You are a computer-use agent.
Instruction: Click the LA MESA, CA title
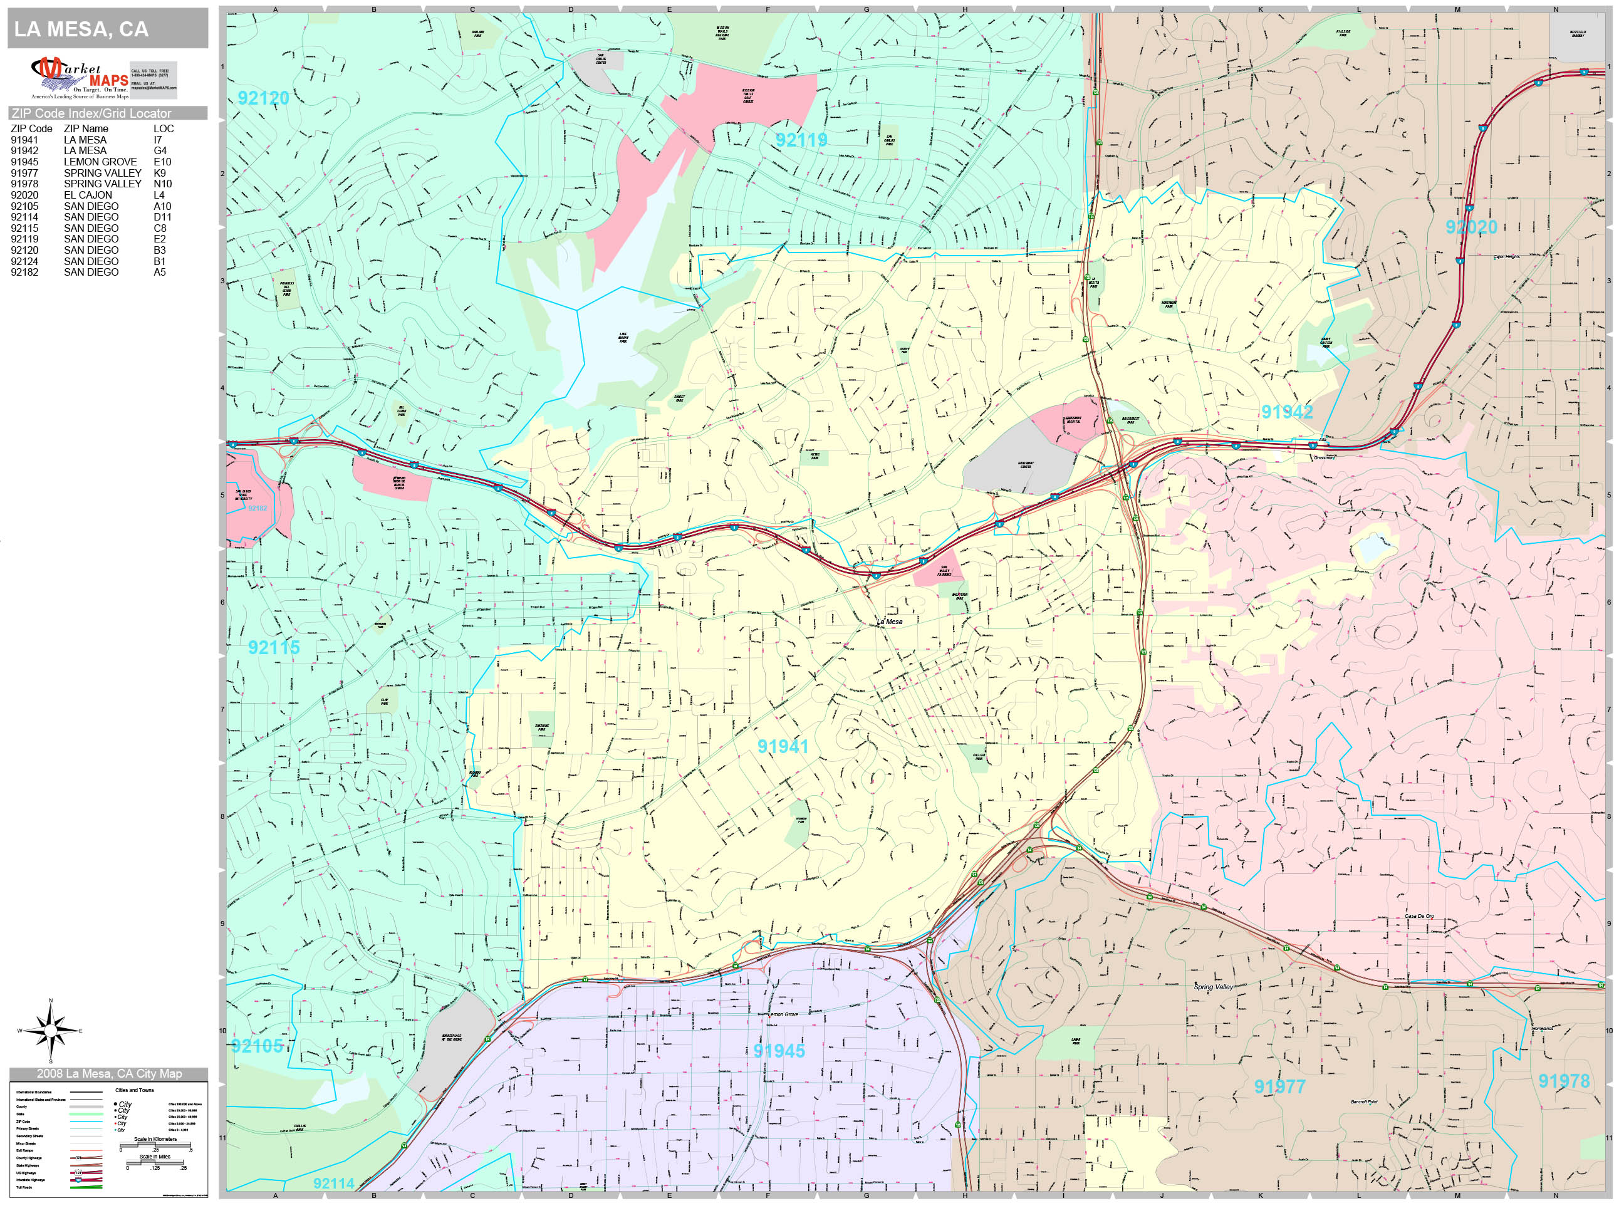tap(81, 29)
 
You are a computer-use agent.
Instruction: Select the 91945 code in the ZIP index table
tap(24, 162)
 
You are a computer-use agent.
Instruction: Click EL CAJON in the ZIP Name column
tap(88, 195)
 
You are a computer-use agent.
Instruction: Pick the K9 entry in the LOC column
tap(159, 172)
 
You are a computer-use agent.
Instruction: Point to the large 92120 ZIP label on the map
tap(264, 98)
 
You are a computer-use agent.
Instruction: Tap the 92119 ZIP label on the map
tap(801, 140)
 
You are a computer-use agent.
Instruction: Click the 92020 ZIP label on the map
tap(1471, 227)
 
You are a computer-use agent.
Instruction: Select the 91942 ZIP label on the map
tap(1286, 412)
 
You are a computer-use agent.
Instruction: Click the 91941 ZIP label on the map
tap(783, 746)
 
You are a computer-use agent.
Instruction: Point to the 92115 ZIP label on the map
tap(274, 647)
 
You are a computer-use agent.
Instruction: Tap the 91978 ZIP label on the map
tap(1564, 1081)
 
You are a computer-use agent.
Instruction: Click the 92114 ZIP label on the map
tap(333, 1183)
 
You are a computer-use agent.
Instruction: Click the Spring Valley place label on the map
tap(1213, 987)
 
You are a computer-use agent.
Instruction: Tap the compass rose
tap(51, 1031)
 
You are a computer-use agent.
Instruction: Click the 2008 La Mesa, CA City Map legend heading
tap(108, 1073)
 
